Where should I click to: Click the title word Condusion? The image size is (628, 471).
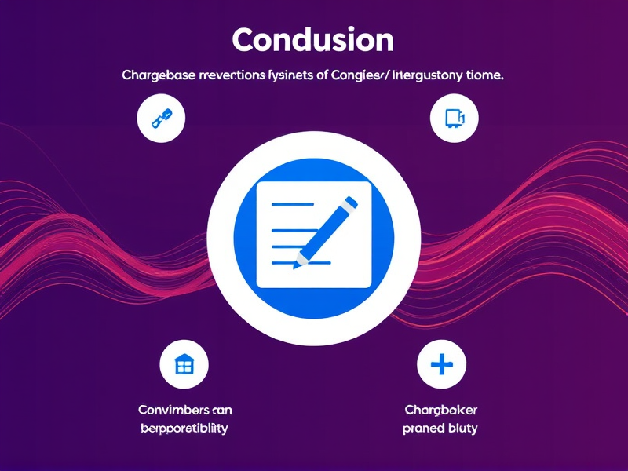coord(312,39)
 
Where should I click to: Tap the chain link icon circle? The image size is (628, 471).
coord(160,119)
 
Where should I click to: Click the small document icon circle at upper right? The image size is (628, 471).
coord(455,119)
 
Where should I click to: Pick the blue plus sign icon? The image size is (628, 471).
coord(442,364)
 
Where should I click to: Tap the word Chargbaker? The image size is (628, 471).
coord(440,410)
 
